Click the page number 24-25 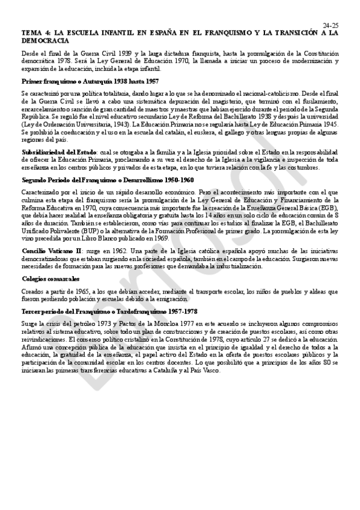point(331,25)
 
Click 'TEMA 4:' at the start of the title point(32,33)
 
